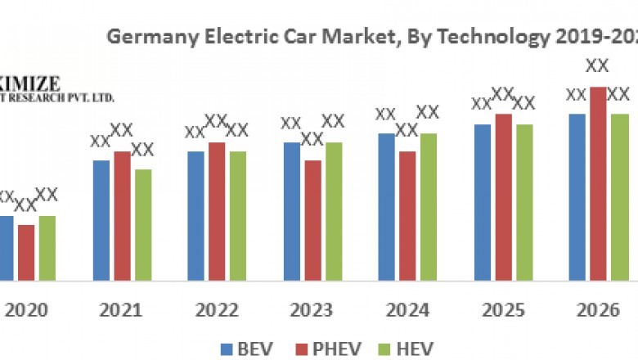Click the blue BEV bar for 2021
(x=101, y=219)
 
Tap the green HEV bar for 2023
(x=334, y=210)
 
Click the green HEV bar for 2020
(x=47, y=247)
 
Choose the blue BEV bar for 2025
(x=483, y=201)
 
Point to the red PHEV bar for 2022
(x=217, y=210)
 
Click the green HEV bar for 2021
(x=143, y=224)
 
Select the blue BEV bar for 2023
(x=292, y=210)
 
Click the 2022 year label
(x=217, y=311)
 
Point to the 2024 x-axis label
(x=407, y=311)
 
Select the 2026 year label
(x=597, y=311)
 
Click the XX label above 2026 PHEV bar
(x=598, y=66)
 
